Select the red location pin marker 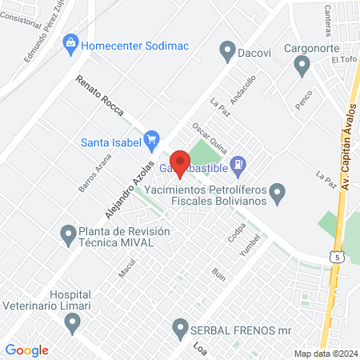[180, 162]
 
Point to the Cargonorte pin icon [302, 66]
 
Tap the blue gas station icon [237, 166]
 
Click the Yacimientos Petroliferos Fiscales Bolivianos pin [278, 192]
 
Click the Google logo [27, 350]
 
